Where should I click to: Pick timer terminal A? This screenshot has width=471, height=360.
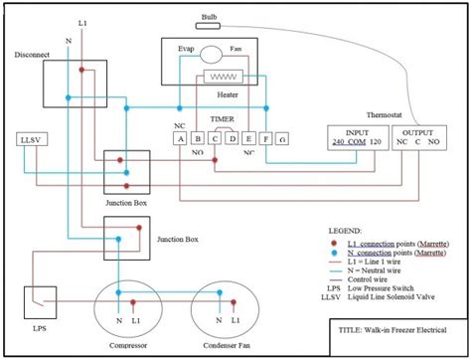180,138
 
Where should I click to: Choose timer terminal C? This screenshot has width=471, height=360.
215,138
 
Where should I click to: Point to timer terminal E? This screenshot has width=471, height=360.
248,138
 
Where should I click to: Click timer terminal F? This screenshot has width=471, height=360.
265,138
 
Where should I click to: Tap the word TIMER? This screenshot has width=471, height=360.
223,118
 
